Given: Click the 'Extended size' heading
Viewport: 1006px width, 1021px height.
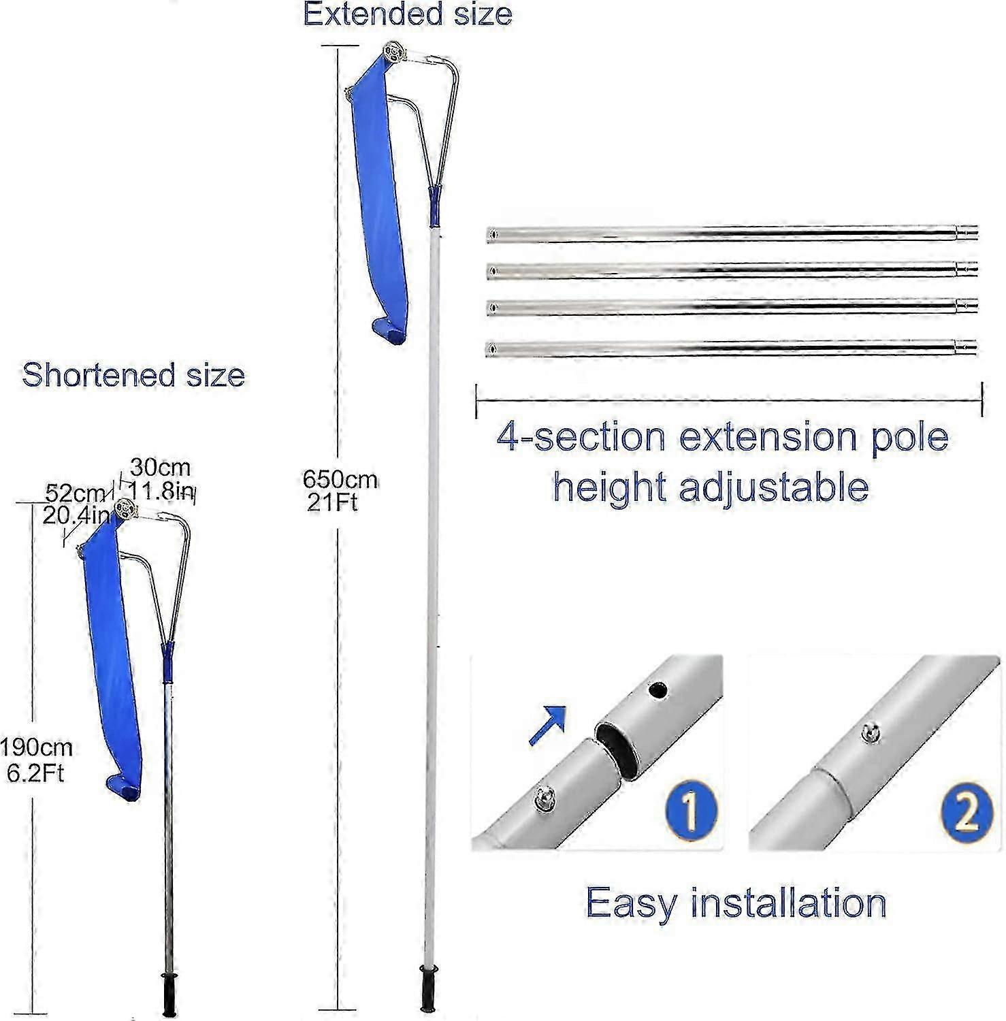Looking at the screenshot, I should pos(407,14).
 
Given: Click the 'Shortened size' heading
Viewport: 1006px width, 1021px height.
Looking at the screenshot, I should pos(133,375).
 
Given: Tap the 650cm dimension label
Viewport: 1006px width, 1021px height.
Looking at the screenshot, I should pos(340,480).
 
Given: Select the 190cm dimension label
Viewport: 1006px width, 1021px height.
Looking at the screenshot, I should pos(35,747).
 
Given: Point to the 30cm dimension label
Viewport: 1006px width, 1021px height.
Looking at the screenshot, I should pos(161,468).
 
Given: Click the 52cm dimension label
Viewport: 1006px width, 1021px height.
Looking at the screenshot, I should pos(75,493).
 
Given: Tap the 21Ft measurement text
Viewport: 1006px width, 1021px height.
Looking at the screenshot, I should pos(332,503).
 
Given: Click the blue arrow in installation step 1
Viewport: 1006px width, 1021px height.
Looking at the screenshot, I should pos(548,725).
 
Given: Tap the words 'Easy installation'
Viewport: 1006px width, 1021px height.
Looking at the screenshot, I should pos(736,903).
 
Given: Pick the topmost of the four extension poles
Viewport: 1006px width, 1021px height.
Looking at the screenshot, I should pos(732,233).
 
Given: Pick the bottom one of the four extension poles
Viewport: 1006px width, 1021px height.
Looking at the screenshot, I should pos(732,348).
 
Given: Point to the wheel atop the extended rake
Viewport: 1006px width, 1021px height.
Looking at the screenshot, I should pos(393,52).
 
